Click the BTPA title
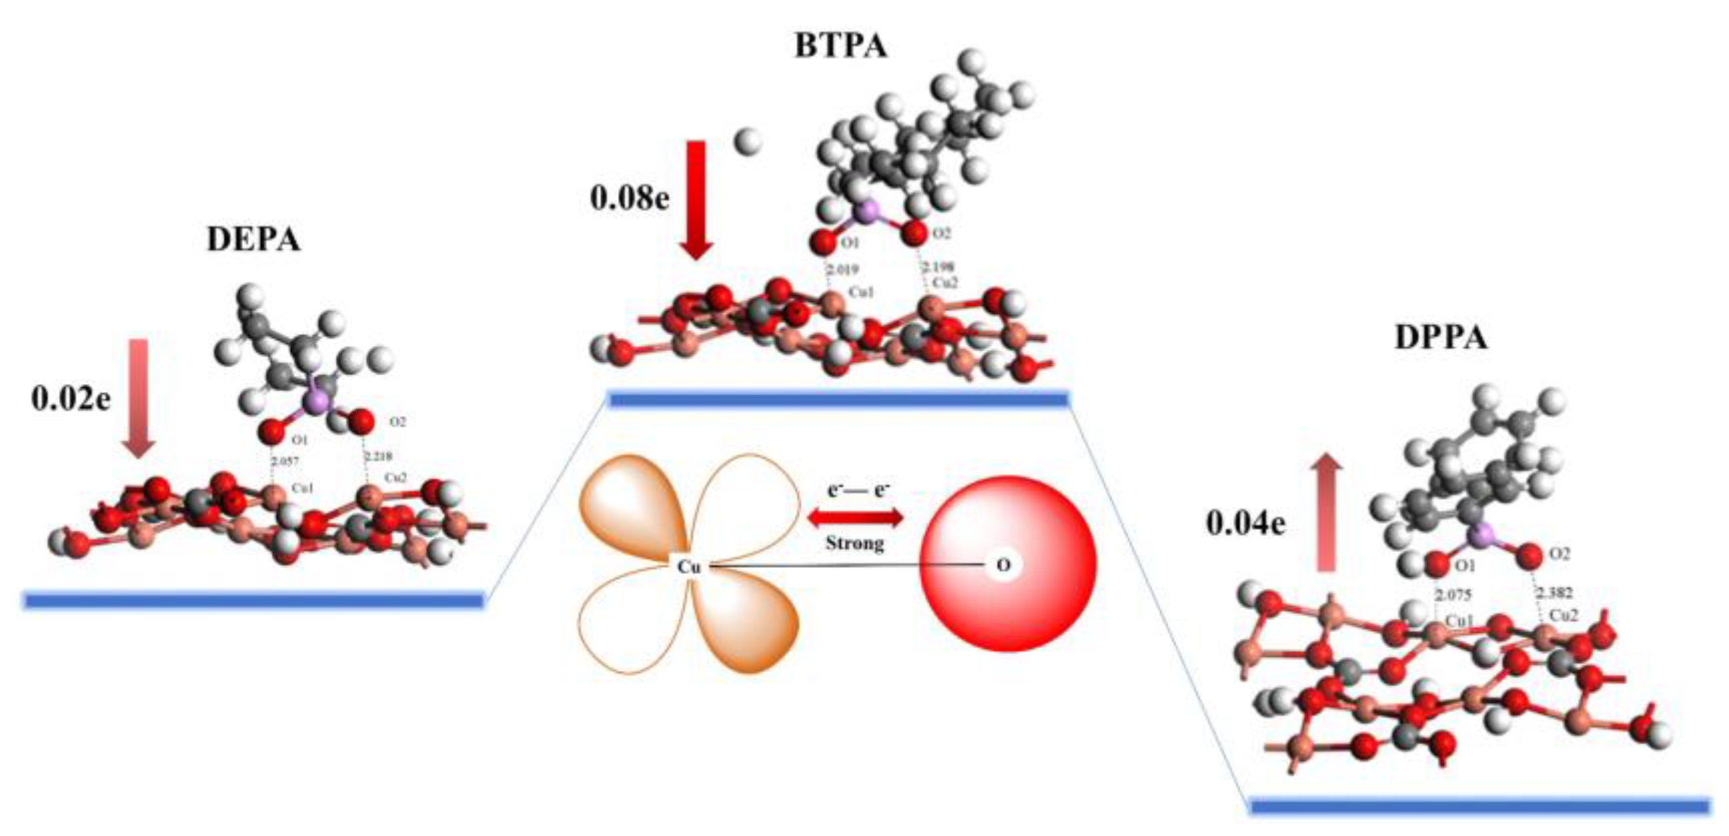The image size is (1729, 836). pos(840,46)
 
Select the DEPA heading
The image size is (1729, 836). pos(253,239)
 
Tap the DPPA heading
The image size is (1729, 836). pos(1441,337)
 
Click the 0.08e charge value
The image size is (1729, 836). pos(630,198)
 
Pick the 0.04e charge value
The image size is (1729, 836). pos(1246,523)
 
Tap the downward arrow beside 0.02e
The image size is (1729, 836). pos(139,399)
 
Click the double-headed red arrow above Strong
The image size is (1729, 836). pos(854,517)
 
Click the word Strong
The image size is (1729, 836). pos(854,543)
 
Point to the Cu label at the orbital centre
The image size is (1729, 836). pos(689,567)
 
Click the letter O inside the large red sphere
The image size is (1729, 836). pos(1003,565)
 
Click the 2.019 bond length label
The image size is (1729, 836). pos(842,270)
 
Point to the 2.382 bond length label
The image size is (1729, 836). pos(1554,593)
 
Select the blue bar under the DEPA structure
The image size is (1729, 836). pos(253,600)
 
